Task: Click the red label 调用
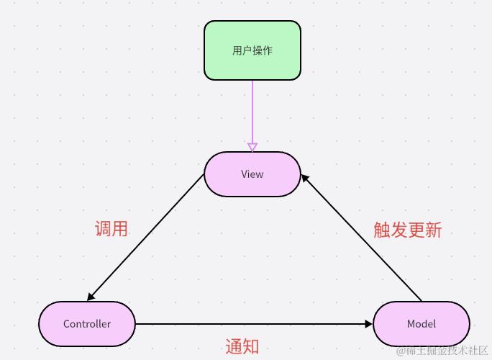point(111,229)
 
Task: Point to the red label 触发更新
point(407,230)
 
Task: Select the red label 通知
point(242,346)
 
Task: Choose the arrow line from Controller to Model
point(252,324)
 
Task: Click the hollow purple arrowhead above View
point(252,147)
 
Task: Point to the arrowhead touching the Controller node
point(91,297)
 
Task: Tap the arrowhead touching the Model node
point(369,324)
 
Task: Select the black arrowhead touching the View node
point(305,176)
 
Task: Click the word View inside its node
point(252,174)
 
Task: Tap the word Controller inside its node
point(87,324)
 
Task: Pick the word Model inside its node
point(422,324)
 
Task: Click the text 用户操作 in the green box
point(252,50)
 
